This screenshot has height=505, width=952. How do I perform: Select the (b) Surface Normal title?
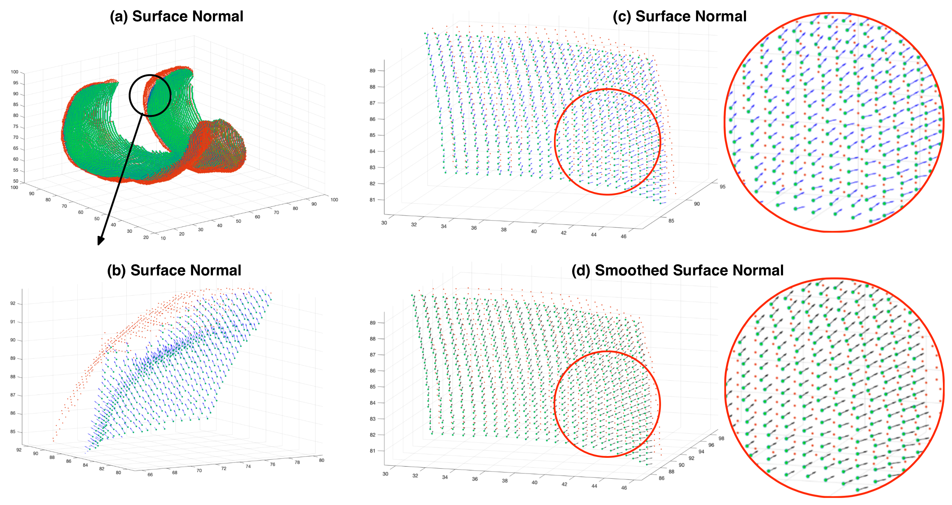click(174, 270)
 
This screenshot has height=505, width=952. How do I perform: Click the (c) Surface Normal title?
click(679, 17)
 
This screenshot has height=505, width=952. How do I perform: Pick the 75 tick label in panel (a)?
click(15, 127)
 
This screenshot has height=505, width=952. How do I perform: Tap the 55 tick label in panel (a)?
click(15, 170)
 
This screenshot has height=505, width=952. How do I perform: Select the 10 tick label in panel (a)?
click(163, 238)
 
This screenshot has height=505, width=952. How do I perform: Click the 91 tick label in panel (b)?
click(13, 322)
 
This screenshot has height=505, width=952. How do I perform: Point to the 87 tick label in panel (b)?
click(13, 395)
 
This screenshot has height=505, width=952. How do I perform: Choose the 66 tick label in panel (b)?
click(150, 475)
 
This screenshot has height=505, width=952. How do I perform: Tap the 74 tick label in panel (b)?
click(248, 467)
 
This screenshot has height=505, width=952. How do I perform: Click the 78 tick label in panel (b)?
click(297, 462)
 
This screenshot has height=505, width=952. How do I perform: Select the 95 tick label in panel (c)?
click(723, 187)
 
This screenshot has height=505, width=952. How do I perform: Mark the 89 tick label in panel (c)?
click(372, 71)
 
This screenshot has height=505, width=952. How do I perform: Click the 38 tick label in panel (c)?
click(504, 230)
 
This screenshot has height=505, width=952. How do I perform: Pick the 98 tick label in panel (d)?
click(722, 439)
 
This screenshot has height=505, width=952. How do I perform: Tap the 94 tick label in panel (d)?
click(702, 452)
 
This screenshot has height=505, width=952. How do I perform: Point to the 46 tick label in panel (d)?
click(624, 488)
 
